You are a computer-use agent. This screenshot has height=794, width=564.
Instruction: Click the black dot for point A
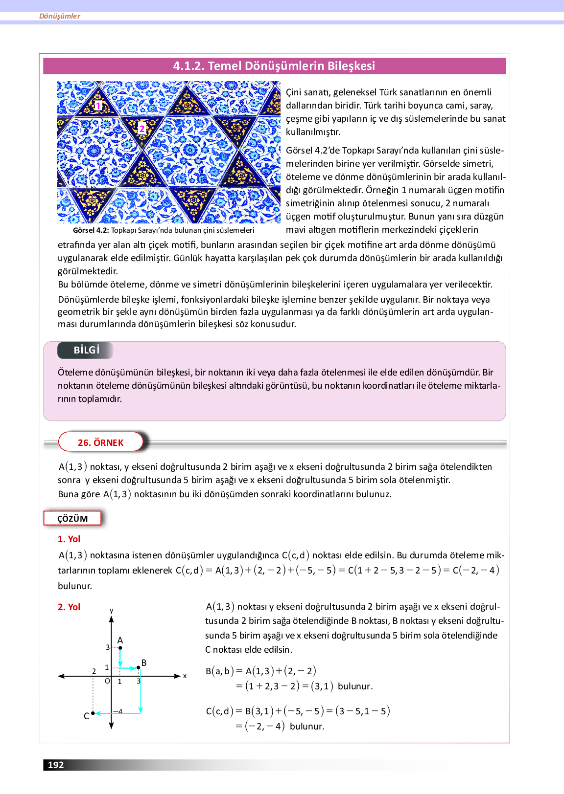coord(120,648)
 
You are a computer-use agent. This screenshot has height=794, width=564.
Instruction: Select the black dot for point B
coord(139,667)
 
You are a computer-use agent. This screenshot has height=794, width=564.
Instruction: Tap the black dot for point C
coord(93,714)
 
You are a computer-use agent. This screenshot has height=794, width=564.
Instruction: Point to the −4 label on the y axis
coord(118,711)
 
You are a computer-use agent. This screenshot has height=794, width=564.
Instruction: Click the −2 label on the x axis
coord(92,671)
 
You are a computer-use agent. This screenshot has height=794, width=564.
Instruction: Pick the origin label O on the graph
coord(107,681)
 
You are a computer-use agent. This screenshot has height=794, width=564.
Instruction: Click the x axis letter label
coord(185,676)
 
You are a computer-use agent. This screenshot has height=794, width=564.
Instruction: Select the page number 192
coord(56,765)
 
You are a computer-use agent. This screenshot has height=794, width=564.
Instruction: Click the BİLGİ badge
coord(86,350)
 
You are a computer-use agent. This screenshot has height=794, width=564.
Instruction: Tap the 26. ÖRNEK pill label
coord(101,442)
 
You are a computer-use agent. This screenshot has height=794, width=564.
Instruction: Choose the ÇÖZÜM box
coord(72,519)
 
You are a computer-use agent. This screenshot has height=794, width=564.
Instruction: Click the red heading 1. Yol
coord(69,539)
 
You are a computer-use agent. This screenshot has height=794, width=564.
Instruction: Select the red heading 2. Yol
coord(69,607)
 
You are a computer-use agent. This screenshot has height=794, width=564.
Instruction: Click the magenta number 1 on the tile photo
coord(98,106)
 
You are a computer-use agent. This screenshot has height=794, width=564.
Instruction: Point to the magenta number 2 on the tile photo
coord(142,129)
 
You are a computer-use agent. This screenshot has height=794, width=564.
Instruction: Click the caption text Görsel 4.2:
coord(91,230)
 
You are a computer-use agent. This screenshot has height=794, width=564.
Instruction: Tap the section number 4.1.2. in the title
coord(188,66)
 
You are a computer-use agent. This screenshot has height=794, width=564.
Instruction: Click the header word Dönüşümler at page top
coord(60,16)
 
